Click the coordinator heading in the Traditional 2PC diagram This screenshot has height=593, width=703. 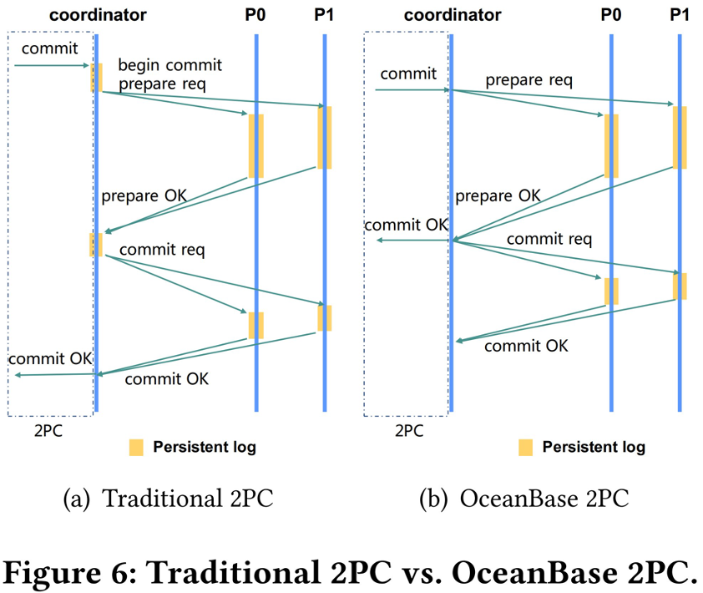98,15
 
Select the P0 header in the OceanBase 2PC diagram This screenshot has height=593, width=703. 611,15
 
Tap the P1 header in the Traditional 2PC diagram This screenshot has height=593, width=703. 324,15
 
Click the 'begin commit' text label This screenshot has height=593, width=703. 170,65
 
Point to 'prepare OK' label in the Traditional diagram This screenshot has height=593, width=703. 144,196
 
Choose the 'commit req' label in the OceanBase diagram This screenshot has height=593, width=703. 549,240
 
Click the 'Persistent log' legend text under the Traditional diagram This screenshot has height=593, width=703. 205,447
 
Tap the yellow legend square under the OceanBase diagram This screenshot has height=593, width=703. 525,447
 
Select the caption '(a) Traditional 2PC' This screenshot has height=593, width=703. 169,499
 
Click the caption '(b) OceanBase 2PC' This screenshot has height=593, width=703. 524,499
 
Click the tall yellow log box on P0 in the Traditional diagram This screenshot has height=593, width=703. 255,146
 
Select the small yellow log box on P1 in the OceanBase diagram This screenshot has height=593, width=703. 680,286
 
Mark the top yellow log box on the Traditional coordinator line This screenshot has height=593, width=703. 97,77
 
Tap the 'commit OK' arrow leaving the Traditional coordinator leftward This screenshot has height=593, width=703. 54,375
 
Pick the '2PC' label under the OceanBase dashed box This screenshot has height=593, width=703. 407,431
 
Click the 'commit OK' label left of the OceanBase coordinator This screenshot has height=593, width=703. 407,225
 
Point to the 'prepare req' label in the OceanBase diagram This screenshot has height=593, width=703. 529,81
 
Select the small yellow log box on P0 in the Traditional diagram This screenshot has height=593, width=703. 255,325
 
